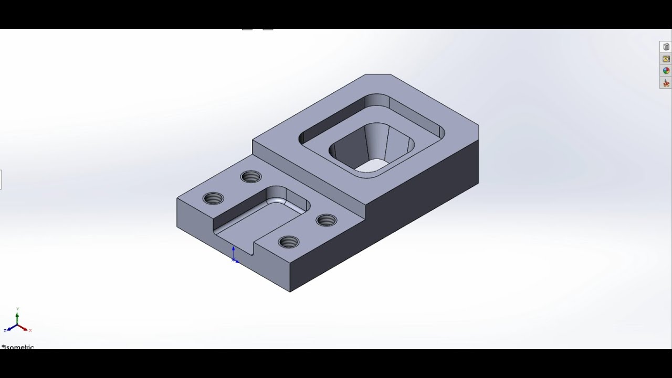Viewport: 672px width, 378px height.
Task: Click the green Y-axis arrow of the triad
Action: click(17, 317)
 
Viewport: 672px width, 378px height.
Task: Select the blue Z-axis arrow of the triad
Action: click(11, 328)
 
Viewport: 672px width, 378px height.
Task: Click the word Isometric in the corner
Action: click(19, 347)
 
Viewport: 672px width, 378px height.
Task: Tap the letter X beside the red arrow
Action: click(30, 330)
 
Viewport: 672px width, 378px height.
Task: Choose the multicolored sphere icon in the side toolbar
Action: click(666, 71)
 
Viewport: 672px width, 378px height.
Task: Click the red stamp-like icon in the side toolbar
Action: click(666, 83)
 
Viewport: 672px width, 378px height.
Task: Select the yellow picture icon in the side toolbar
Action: click(666, 59)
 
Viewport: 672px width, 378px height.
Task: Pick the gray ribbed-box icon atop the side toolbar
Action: click(666, 47)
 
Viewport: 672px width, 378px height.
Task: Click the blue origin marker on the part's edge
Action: click(234, 257)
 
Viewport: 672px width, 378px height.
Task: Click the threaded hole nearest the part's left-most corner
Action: click(213, 198)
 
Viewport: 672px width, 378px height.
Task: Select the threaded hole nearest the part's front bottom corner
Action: click(288, 242)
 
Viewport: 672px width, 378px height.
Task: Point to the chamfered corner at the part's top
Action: click(378, 75)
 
